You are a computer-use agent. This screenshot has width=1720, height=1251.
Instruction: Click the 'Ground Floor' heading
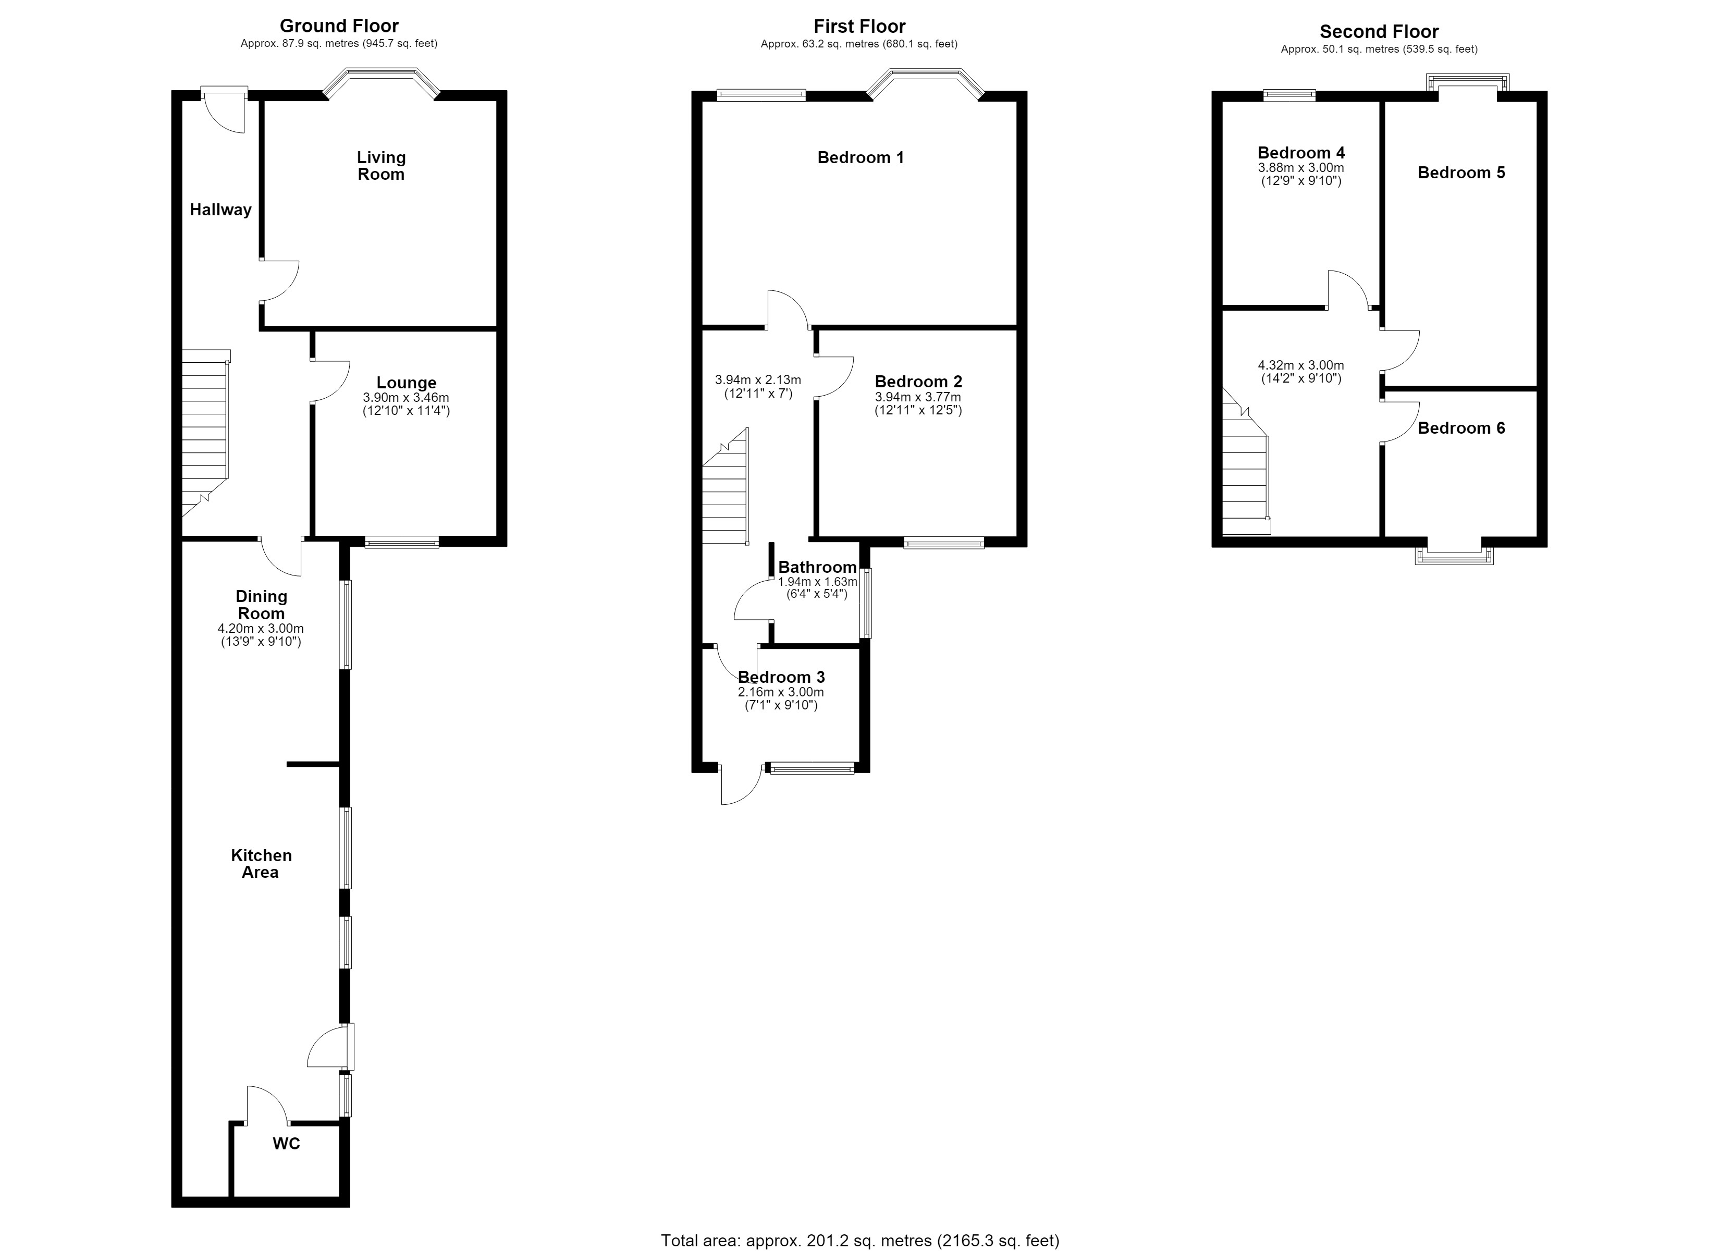(x=339, y=26)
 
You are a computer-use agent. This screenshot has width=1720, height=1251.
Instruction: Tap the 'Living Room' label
(x=382, y=165)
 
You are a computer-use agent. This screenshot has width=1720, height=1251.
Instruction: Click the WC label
(x=287, y=1143)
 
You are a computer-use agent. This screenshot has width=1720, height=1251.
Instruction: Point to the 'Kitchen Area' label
(x=261, y=863)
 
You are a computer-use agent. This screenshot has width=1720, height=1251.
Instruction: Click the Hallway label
(x=220, y=210)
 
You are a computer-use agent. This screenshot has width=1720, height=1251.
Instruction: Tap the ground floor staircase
(x=205, y=433)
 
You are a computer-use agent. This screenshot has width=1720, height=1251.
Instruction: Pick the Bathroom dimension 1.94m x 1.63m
(x=818, y=582)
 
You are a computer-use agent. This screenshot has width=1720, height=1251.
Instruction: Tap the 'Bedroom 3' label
(x=781, y=677)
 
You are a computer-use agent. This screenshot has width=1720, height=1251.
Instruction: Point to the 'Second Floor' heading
(x=1379, y=31)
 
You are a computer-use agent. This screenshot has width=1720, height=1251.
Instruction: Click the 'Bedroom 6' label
(x=1461, y=428)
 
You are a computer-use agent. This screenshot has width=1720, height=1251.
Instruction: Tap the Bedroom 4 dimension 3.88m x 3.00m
(x=1301, y=168)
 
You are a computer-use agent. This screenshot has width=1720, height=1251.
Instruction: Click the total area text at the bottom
(x=860, y=1241)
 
